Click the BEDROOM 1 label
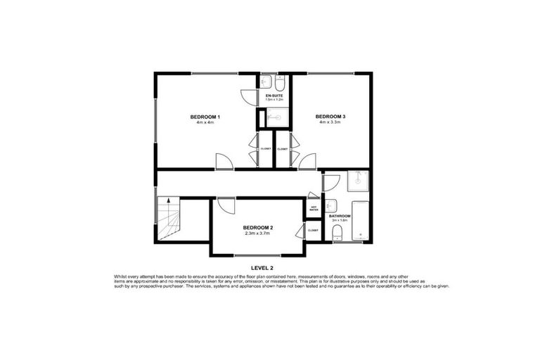click(x=205, y=116)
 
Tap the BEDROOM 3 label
click(x=330, y=116)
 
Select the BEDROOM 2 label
click(x=258, y=227)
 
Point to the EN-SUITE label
click(x=274, y=95)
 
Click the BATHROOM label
click(x=340, y=216)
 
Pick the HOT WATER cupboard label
click(x=314, y=208)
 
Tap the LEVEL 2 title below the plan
click(x=262, y=268)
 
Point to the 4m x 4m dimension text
click(x=205, y=122)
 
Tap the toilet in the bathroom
click(x=337, y=233)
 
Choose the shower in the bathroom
click(x=359, y=182)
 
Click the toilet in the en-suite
click(x=279, y=83)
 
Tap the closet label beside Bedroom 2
click(x=313, y=230)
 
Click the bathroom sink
click(x=330, y=207)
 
